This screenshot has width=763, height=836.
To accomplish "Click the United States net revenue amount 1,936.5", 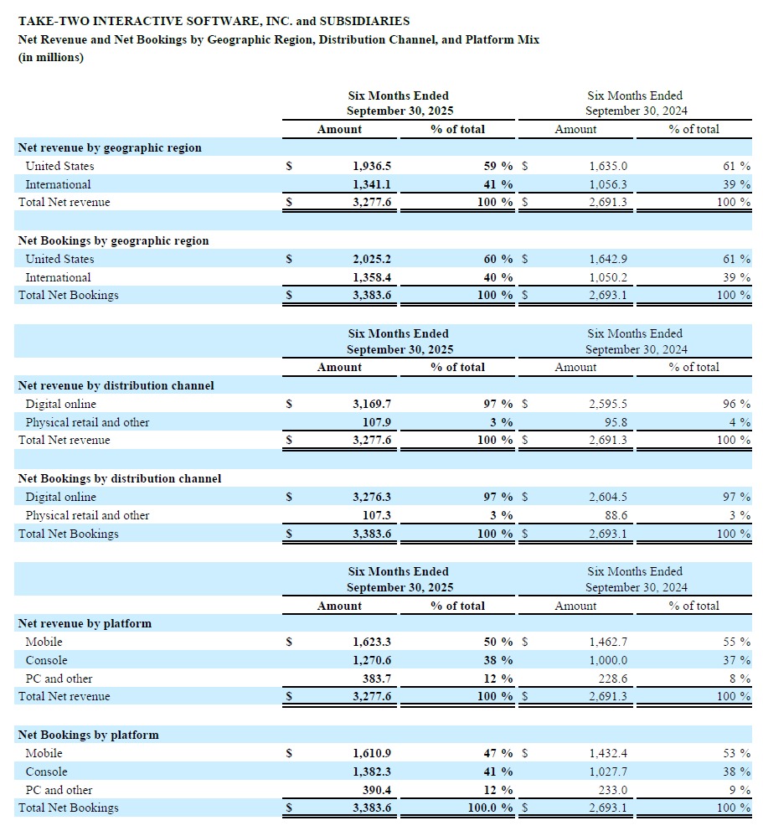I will pyautogui.click(x=371, y=166).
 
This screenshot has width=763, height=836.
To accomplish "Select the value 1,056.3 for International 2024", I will pyautogui.click(x=608, y=184).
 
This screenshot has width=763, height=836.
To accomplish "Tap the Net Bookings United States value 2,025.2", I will pyautogui.click(x=371, y=259).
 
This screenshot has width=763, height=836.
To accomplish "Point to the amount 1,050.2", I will pyautogui.click(x=608, y=277).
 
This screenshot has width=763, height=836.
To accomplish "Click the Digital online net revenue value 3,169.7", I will pyautogui.click(x=371, y=404).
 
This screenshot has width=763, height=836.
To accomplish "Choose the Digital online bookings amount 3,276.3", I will pyautogui.click(x=371, y=497).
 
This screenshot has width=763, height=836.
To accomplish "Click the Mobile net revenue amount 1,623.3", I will pyautogui.click(x=371, y=642).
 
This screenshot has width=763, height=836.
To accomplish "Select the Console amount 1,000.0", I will pyautogui.click(x=608, y=660).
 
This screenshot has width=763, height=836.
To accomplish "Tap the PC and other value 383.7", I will pyautogui.click(x=377, y=679).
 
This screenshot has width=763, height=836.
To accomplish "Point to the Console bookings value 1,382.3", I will pyautogui.click(x=371, y=771).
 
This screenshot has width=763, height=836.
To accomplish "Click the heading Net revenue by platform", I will pyautogui.click(x=85, y=623).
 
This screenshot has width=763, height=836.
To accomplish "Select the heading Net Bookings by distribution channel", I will pyautogui.click(x=120, y=478).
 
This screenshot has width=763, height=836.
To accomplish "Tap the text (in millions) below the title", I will pyautogui.click(x=51, y=58).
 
